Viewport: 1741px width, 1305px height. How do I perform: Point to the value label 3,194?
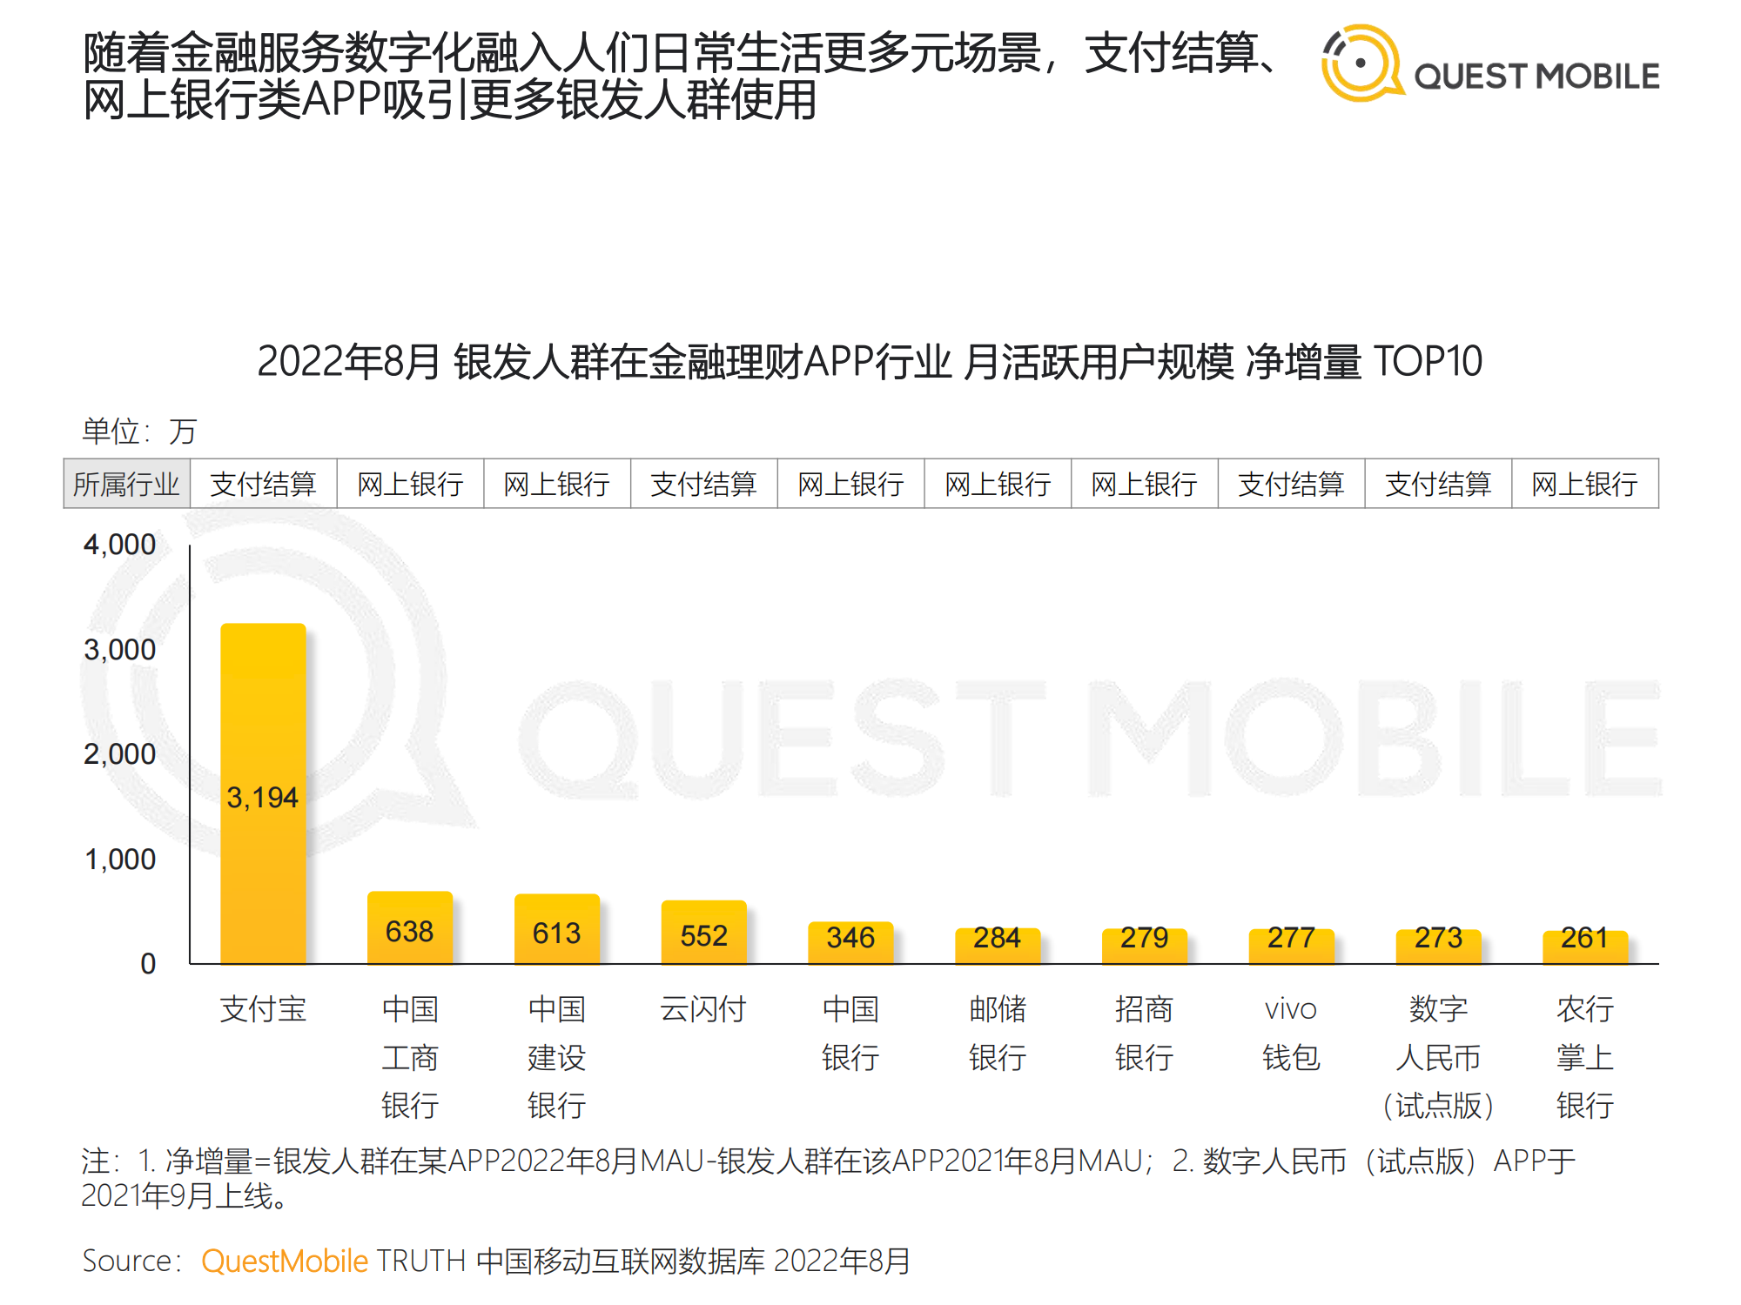pos(262,797)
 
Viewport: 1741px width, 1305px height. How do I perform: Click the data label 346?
pos(850,938)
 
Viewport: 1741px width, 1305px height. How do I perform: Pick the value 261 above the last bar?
pos(1584,938)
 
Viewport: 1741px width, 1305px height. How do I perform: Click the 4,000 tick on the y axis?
pos(119,545)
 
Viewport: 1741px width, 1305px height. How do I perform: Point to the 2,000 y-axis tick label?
pos(119,754)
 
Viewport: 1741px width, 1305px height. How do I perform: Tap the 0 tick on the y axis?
pos(148,964)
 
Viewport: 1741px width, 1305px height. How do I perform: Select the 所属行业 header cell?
pos(126,484)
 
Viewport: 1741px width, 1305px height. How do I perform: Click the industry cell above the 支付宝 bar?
pos(263,484)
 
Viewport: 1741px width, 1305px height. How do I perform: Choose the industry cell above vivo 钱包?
pos(1291,484)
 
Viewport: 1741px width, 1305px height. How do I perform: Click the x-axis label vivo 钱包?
pos(1291,1033)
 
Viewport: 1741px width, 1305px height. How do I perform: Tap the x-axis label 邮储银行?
pos(998,1033)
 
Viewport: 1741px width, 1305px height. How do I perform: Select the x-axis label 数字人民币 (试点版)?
pos(1438,1057)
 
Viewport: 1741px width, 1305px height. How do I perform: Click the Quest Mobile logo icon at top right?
pos(1361,64)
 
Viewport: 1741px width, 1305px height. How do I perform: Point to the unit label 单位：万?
pos(139,431)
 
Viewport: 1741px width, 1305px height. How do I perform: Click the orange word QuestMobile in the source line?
pos(285,1261)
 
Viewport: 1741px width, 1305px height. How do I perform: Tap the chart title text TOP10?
pos(1428,361)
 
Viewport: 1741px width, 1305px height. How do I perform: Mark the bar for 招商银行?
pos(1144,946)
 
